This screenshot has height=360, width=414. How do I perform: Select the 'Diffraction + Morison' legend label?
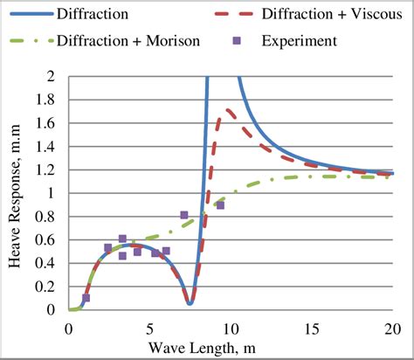[128, 40]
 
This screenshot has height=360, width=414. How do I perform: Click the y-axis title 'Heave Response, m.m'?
[16, 192]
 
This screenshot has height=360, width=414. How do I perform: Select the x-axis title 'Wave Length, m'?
[231, 349]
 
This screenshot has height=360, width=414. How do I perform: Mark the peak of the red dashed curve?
[229, 109]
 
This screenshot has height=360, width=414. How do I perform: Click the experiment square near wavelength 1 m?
[86, 298]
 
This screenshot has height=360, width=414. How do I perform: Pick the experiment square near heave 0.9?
[220, 205]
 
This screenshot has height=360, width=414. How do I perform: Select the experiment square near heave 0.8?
[184, 215]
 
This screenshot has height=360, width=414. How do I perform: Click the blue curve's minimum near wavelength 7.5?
[190, 303]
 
